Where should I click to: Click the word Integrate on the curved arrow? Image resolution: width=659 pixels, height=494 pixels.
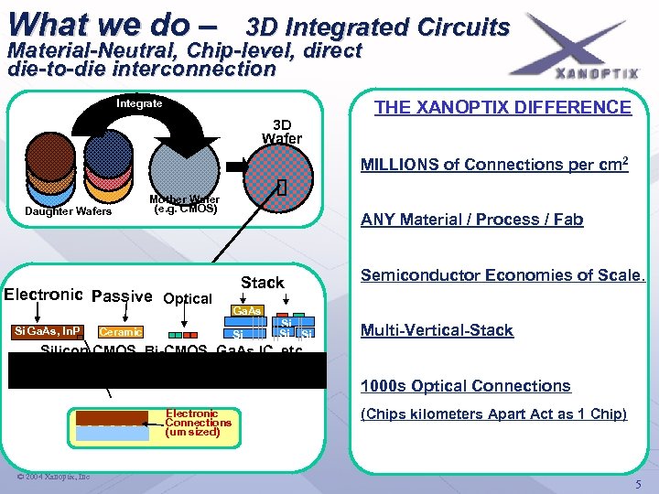[140, 103]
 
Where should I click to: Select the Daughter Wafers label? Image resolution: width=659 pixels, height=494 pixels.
[68, 211]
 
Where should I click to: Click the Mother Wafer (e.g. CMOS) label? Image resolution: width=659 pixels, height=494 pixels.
[183, 204]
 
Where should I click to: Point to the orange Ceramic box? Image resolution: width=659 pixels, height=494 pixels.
[119, 332]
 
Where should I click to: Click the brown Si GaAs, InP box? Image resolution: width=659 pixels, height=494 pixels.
[48, 330]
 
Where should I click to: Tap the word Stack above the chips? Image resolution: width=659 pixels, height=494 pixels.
[262, 283]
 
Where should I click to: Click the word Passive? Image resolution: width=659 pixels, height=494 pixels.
[123, 296]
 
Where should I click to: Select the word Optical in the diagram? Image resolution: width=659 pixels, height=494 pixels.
[187, 298]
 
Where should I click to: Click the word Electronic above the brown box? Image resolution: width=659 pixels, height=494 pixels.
[44, 295]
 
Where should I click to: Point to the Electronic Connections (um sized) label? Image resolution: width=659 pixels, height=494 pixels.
[198, 423]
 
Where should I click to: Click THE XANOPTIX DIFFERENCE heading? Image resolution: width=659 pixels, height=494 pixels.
[502, 107]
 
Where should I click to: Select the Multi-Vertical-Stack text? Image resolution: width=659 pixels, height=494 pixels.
[437, 330]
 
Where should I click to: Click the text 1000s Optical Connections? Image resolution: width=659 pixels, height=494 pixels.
[465, 386]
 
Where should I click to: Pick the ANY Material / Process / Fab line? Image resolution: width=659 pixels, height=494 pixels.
[471, 220]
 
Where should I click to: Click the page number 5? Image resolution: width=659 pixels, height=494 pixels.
[638, 483]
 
